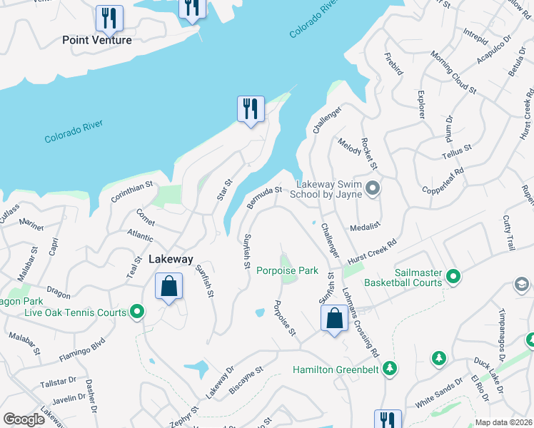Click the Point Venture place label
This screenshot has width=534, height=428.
point(97,40)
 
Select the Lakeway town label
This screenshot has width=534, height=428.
point(171,260)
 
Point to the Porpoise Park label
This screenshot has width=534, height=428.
point(287,270)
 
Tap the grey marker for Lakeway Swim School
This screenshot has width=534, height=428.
point(372,188)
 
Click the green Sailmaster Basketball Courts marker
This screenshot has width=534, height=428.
point(453,276)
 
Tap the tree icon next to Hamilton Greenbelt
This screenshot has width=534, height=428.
point(389,369)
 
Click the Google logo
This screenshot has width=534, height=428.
point(24,419)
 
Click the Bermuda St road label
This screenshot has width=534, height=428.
point(265,198)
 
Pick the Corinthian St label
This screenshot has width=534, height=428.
point(132,195)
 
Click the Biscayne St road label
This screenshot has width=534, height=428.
point(246,379)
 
